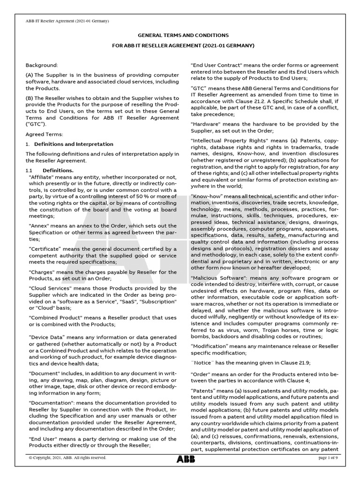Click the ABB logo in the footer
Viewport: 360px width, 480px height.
point(186,459)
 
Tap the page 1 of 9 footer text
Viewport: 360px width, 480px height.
point(331,458)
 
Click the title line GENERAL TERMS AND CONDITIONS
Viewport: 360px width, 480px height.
point(182,35)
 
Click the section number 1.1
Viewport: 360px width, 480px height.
point(29,170)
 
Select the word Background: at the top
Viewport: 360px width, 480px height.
point(42,65)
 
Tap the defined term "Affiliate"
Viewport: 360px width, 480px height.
point(43,177)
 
